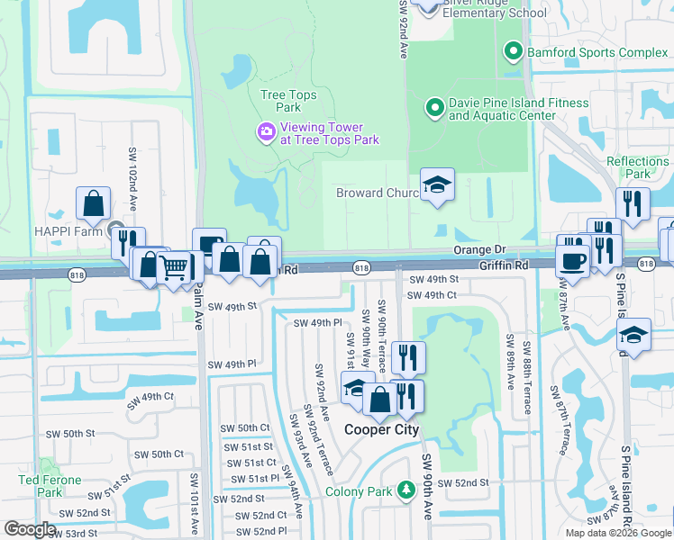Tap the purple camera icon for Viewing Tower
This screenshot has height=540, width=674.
pyautogui.click(x=266, y=132)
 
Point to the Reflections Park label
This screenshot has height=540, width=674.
pyautogui.click(x=638, y=167)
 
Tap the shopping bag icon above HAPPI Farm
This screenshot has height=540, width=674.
pyautogui.click(x=94, y=204)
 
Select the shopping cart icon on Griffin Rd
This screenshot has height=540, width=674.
pyautogui.click(x=174, y=266)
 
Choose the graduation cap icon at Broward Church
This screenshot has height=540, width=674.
pyautogui.click(x=438, y=185)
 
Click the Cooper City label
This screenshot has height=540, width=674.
pyautogui.click(x=382, y=429)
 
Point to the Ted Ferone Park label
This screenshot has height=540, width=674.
pyautogui.click(x=50, y=486)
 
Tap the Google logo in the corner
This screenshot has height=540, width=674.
pyautogui.click(x=31, y=529)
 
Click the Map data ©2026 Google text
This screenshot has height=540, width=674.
pyautogui.click(x=618, y=533)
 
